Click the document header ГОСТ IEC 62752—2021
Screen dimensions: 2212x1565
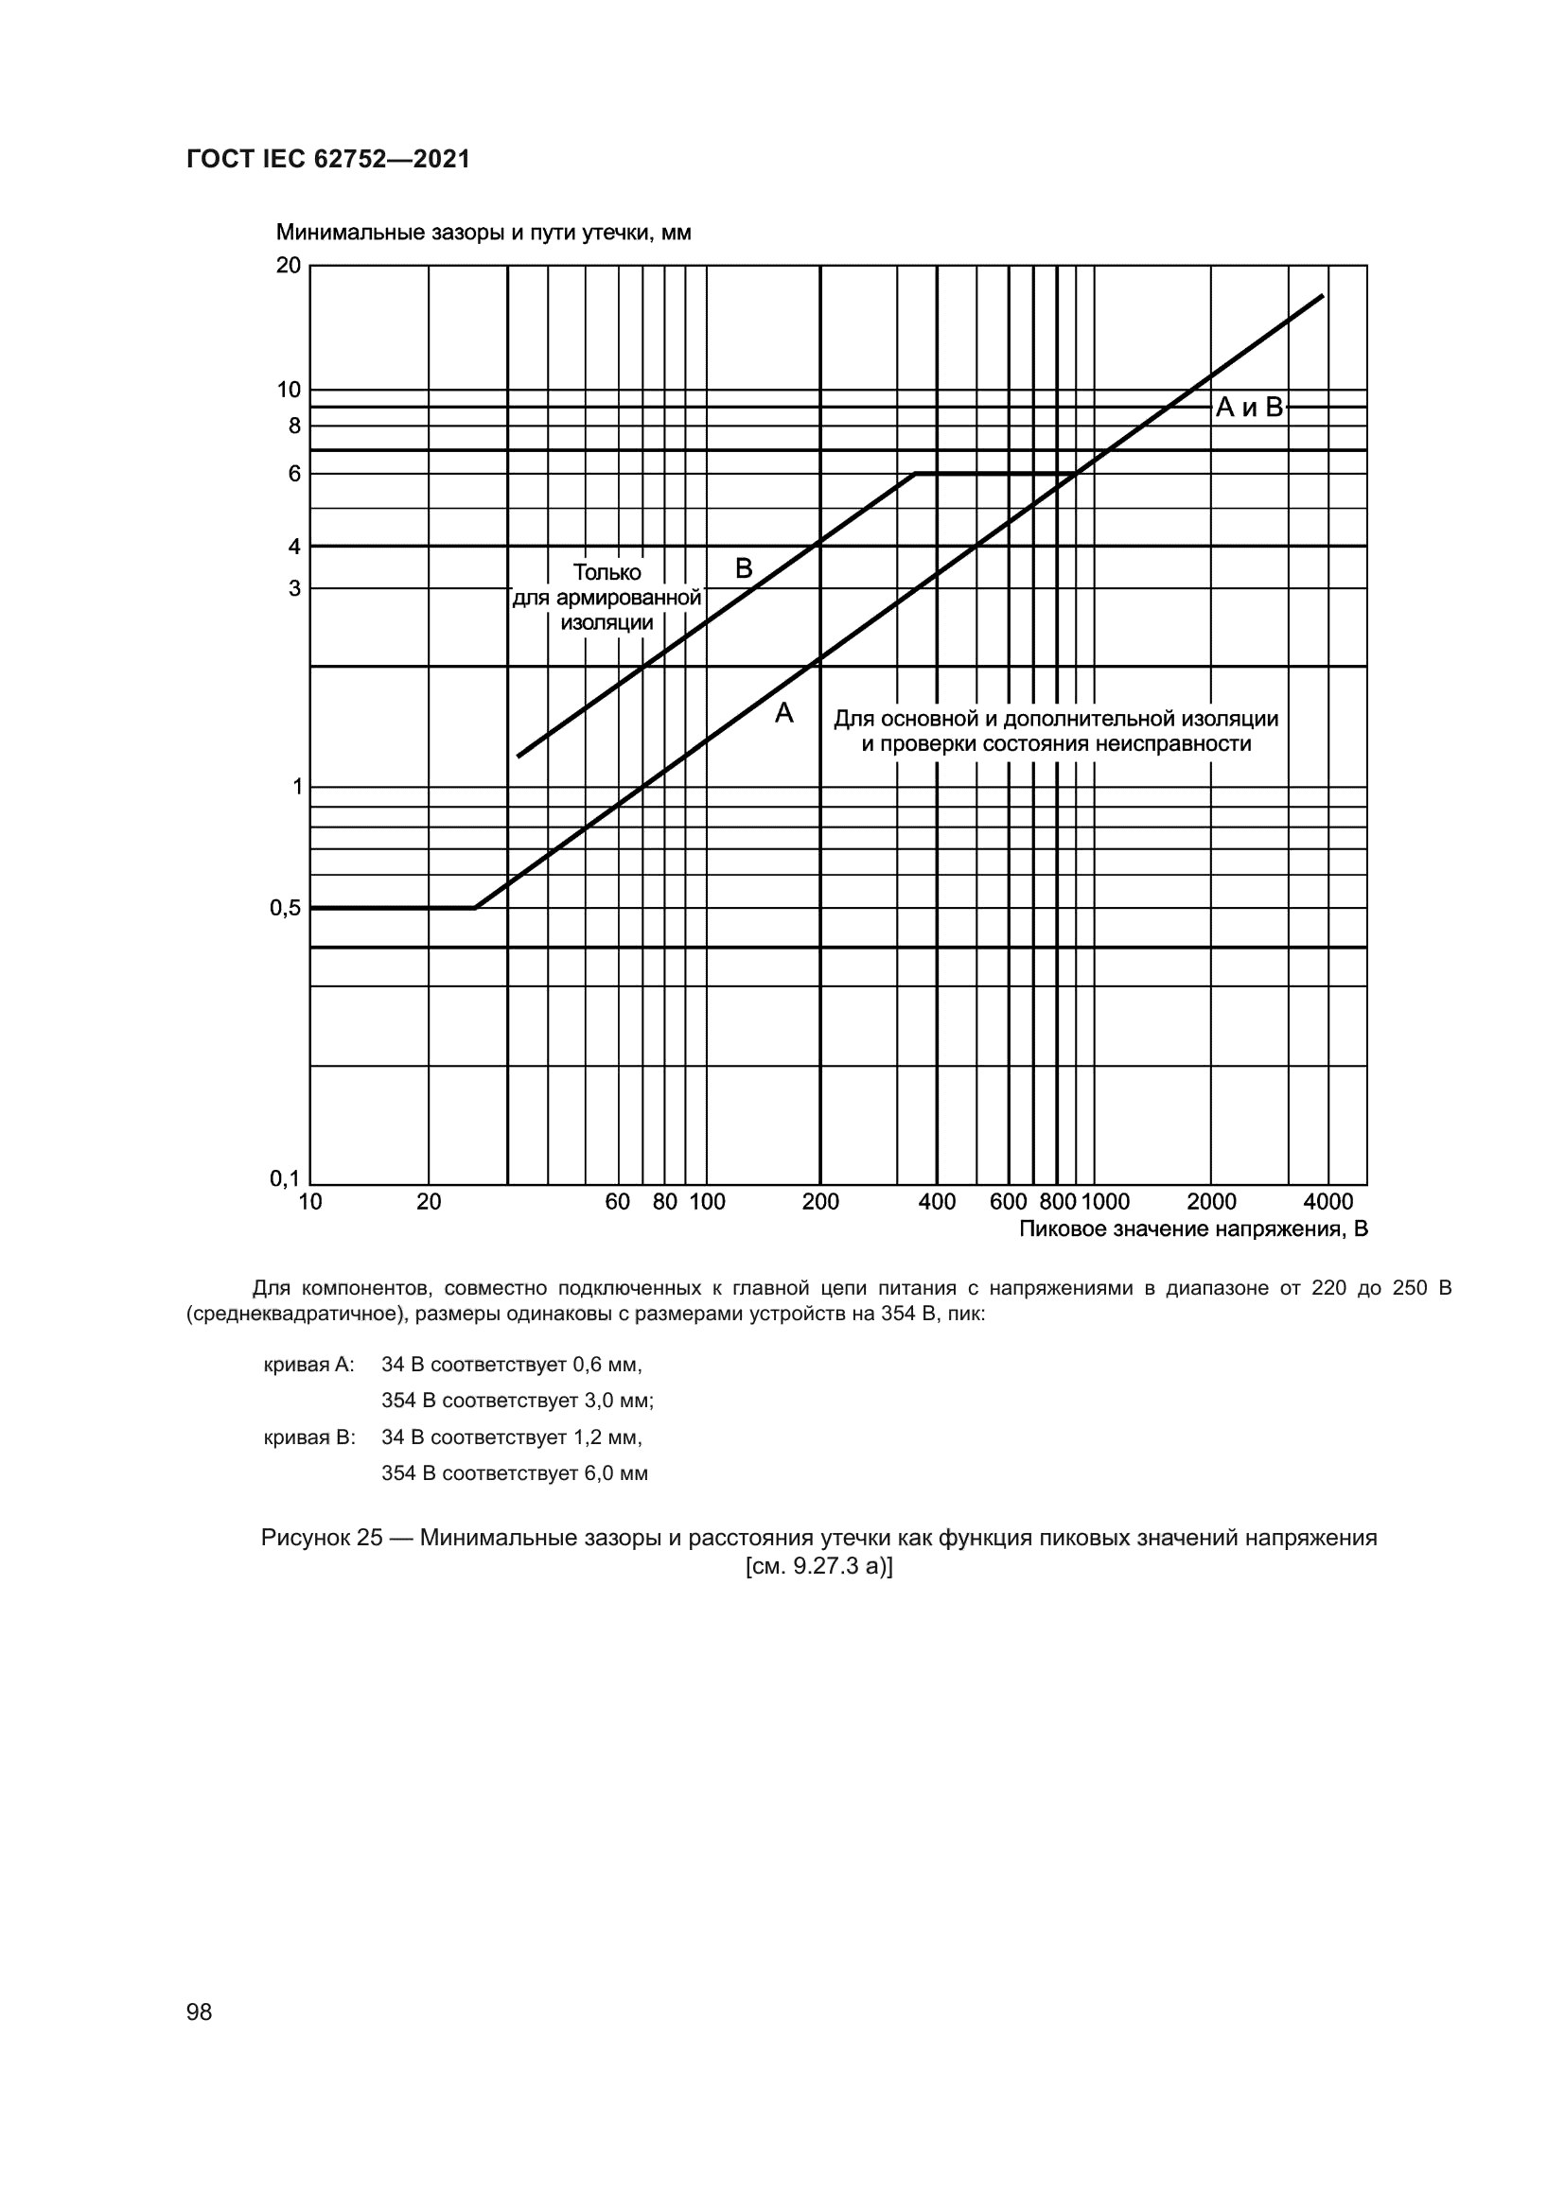327,159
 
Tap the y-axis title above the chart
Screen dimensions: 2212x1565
483,234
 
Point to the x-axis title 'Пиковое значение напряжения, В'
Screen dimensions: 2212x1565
1193,1229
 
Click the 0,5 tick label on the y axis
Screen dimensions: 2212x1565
285,908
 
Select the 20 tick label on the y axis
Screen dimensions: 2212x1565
289,265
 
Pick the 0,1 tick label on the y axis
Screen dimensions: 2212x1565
285,1177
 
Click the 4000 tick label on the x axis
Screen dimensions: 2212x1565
1328,1202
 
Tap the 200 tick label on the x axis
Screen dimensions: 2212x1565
820,1202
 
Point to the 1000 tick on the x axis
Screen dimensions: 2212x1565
1105,1202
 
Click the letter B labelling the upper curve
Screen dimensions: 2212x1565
744,568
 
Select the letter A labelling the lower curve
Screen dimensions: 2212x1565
784,714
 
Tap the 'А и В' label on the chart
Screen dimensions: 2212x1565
1249,408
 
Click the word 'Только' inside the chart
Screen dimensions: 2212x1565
607,572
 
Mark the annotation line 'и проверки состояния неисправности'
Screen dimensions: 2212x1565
1056,743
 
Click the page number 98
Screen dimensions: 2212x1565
200,2012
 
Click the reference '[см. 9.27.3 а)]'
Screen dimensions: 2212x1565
819,1566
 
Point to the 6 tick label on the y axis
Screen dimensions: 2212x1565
295,473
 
